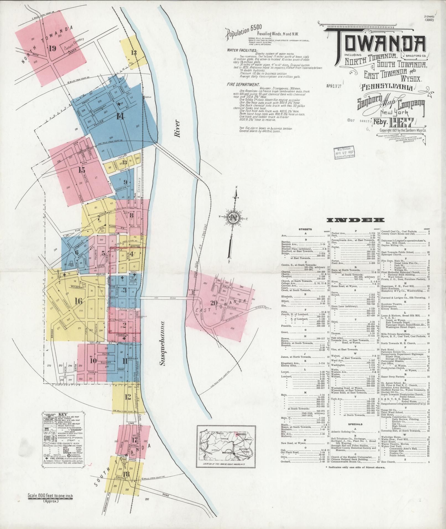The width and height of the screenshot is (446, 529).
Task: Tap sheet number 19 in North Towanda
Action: point(52,49)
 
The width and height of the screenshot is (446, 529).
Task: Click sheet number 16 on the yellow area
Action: point(79,301)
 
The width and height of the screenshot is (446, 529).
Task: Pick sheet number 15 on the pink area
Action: point(81,170)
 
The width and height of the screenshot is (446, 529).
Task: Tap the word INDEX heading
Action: point(355,220)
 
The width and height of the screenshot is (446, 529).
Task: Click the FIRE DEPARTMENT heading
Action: point(243,85)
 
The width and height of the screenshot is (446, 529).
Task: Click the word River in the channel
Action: point(177,129)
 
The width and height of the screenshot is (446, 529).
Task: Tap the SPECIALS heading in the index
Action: point(355,424)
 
